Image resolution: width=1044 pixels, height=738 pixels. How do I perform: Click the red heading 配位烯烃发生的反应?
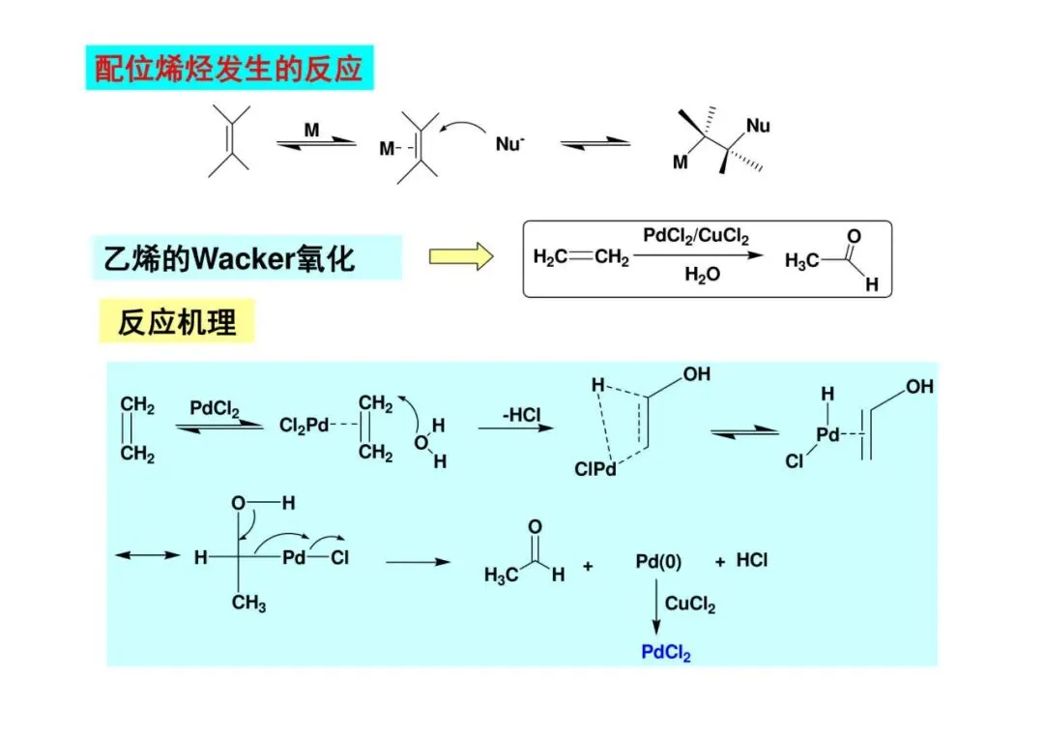[229, 69]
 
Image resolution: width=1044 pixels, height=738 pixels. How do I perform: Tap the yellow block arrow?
[461, 256]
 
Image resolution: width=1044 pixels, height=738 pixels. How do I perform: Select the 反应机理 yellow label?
[177, 322]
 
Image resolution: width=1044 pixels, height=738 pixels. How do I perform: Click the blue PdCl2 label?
[666, 653]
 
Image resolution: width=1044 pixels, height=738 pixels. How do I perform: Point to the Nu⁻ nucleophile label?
[509, 144]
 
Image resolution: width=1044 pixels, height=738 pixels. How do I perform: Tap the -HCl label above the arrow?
[523, 416]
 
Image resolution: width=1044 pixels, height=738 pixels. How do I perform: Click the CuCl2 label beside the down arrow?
[690, 605]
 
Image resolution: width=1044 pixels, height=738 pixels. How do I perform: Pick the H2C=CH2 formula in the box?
[581, 257]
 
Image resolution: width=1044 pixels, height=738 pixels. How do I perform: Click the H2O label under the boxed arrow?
[702, 275]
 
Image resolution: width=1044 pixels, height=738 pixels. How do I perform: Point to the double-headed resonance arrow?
[147, 555]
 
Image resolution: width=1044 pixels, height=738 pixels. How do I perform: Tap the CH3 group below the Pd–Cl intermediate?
[248, 604]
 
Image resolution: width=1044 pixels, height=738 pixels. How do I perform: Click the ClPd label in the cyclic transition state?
[594, 470]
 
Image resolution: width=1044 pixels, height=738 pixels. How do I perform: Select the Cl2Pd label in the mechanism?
[304, 426]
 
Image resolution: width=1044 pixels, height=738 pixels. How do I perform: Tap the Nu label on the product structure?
[758, 125]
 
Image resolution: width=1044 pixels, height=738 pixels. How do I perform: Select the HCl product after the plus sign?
[752, 560]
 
